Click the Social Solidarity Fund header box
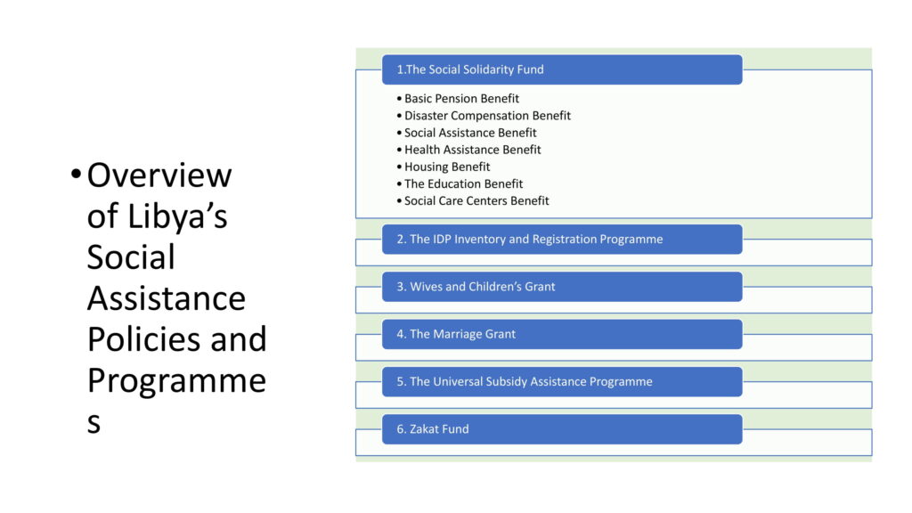pyautogui.click(x=562, y=69)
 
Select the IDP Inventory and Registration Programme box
pyautogui.click(x=562, y=239)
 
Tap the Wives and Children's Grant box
pyautogui.click(x=562, y=287)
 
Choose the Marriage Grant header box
pyautogui.click(x=562, y=335)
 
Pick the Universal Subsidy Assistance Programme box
pyautogui.click(x=562, y=381)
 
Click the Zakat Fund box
pyautogui.click(x=562, y=429)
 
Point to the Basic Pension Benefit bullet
pyautogui.click(x=458, y=99)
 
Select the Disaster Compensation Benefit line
pyautogui.click(x=484, y=116)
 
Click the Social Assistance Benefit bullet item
pyautogui.click(x=467, y=133)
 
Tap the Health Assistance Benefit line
pyautogui.click(x=468, y=150)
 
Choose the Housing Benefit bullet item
pyautogui.click(x=444, y=167)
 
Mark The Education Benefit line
pyautogui.click(x=460, y=183)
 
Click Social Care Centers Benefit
pyautogui.click(x=473, y=200)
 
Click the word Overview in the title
pyautogui.click(x=159, y=175)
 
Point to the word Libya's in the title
pyautogui.click(x=177, y=216)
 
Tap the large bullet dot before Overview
pyautogui.click(x=76, y=174)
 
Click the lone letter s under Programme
pyautogui.click(x=94, y=423)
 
